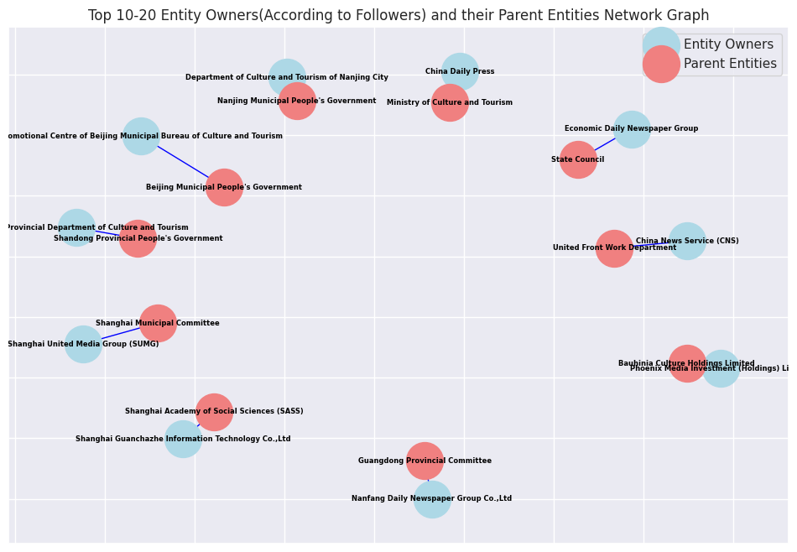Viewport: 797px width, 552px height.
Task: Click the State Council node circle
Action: tap(578, 159)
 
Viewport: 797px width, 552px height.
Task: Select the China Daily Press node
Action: tap(460, 72)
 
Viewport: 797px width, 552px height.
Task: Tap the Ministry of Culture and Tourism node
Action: tap(450, 102)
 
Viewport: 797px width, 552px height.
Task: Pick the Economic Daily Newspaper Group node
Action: tap(632, 129)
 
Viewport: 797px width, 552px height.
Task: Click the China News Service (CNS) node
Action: tap(687, 242)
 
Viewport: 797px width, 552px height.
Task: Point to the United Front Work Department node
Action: tap(614, 248)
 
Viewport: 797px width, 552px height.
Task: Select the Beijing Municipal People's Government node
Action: tap(224, 187)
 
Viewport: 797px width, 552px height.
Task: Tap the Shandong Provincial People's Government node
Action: tap(138, 238)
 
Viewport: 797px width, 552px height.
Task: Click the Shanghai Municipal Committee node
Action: tap(158, 323)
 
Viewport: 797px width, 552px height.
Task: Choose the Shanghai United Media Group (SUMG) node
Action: tap(83, 344)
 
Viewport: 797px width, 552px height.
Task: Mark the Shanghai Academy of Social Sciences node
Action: tap(214, 412)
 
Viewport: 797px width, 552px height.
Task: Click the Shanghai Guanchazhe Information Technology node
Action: tap(183, 439)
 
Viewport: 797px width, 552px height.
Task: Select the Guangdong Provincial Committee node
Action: tap(425, 461)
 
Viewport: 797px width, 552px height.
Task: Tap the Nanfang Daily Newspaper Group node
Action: tap(432, 499)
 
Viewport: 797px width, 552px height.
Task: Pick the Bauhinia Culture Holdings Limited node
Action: tap(687, 363)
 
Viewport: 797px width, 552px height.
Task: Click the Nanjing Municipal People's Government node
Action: tap(297, 101)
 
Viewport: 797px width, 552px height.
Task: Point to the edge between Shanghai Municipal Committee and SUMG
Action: tap(121, 334)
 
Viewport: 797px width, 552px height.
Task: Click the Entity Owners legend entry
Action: tap(728, 44)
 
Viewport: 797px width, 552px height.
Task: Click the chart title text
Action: tap(398, 15)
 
